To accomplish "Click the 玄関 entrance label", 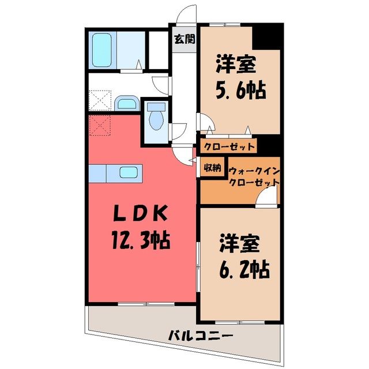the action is coord(184,39).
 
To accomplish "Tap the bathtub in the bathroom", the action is coord(101,50).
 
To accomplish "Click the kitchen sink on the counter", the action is coord(128,172).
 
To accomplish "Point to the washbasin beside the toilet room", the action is coord(127,104).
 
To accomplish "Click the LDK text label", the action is coord(141,213).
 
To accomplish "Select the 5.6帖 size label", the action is coord(241,90).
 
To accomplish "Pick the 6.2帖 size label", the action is coord(244,269).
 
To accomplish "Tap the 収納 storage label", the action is coord(213,168).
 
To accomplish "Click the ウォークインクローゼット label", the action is coord(254,176).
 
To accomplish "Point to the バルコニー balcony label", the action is coord(201,334).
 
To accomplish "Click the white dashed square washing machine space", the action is coord(100,100).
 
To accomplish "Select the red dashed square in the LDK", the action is coord(100,126).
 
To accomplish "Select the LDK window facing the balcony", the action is coord(146,304).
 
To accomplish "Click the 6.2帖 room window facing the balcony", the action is coord(240,323).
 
